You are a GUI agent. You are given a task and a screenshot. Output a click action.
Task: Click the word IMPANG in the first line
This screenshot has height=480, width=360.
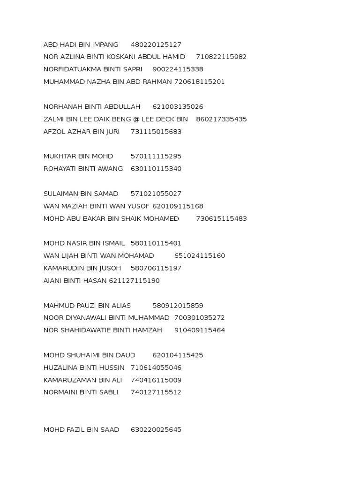tap(106, 45)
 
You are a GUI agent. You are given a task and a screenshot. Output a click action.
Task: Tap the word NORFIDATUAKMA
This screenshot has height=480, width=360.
tap(70, 69)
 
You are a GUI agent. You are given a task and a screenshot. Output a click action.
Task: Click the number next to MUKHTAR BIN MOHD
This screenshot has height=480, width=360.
tap(156, 157)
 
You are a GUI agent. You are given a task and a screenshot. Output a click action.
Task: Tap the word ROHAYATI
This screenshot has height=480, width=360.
tap(60, 169)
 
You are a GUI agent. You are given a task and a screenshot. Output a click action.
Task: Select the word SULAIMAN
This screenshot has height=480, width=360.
tap(61, 194)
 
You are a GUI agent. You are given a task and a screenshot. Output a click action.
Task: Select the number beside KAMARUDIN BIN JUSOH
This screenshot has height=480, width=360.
tap(156, 269)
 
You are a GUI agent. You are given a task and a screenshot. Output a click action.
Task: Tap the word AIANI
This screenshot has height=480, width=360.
tap(52, 281)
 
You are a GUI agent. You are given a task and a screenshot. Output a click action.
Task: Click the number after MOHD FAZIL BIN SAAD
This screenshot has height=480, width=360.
tap(156, 430)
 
